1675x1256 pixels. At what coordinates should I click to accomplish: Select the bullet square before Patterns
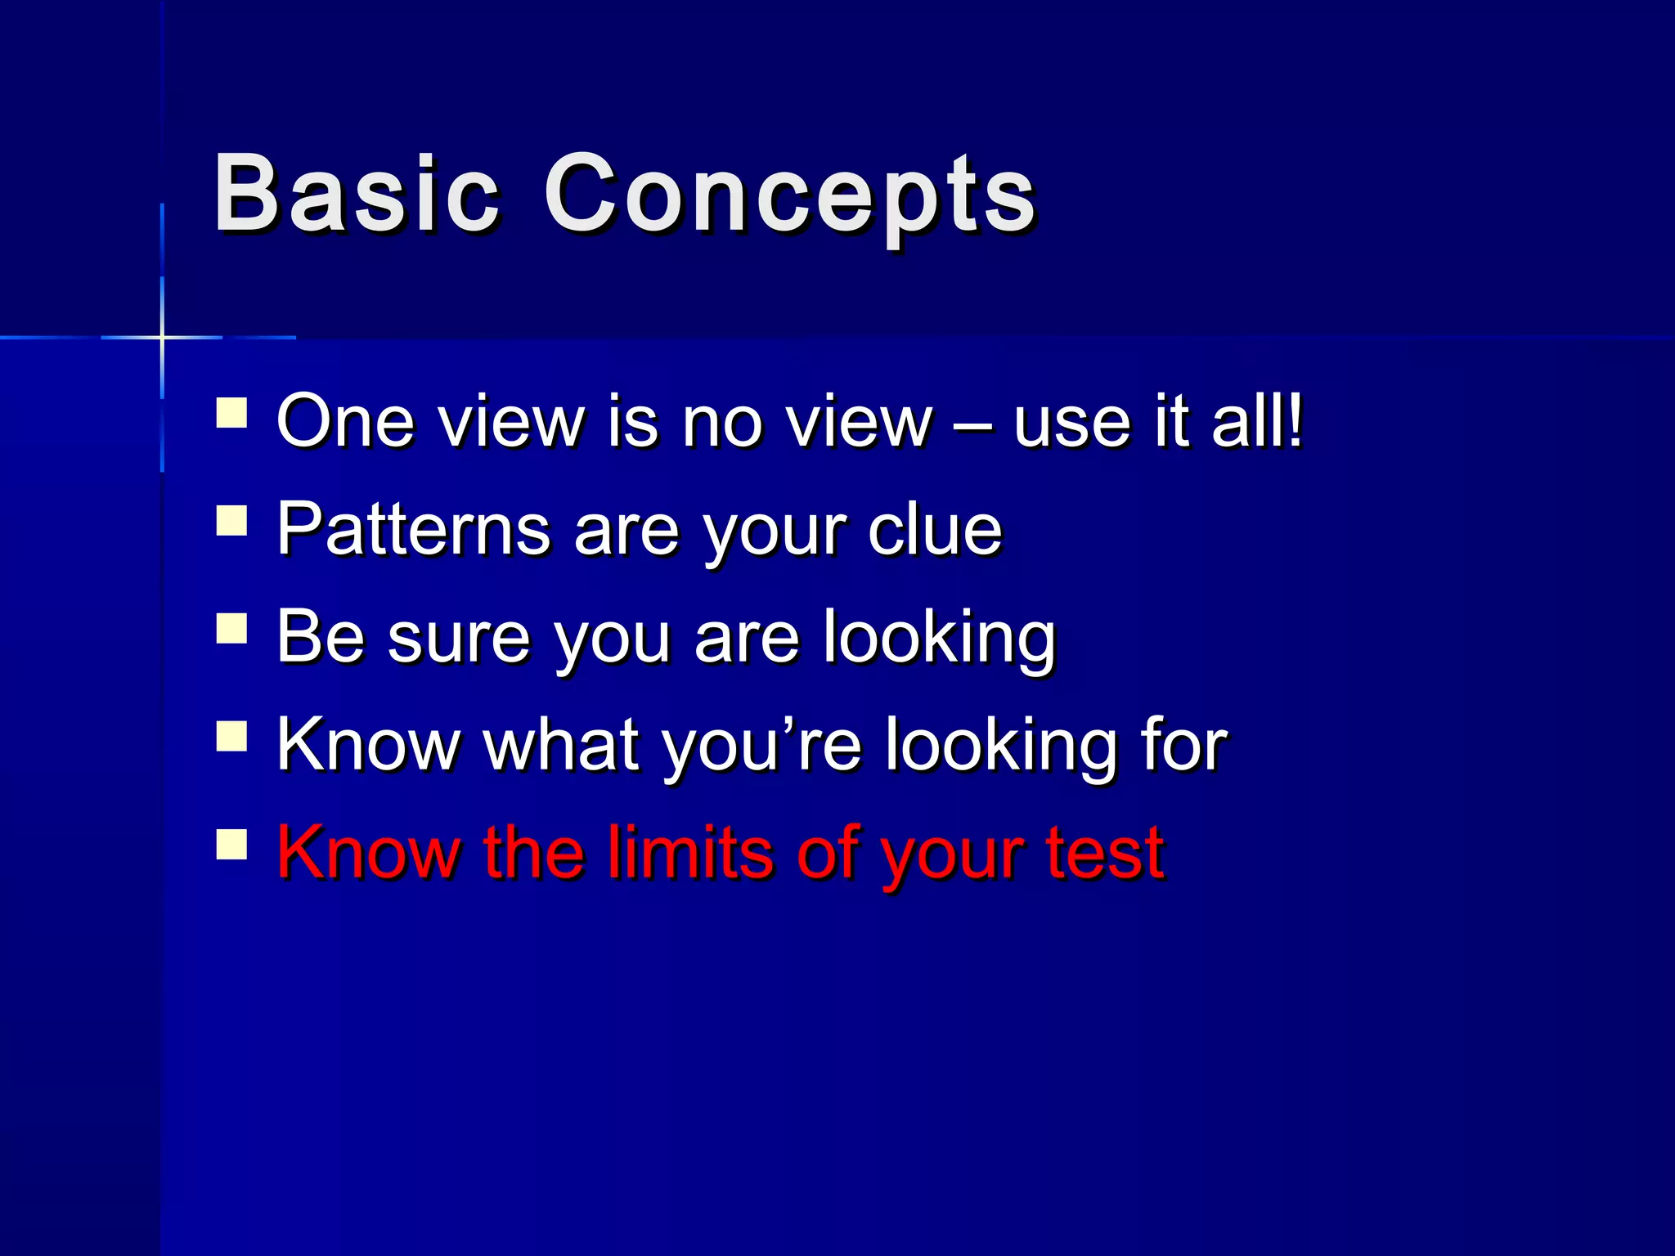232,521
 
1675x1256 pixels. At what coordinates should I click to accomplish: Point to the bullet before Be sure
232,629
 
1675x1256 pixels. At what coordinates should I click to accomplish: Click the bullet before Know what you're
232,736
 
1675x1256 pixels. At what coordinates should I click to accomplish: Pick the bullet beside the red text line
232,844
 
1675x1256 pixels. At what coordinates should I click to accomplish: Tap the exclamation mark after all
1294,420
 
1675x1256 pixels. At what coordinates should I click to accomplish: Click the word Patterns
413,530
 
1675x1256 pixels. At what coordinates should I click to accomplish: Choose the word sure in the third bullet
459,639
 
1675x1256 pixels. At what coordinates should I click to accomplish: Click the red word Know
368,852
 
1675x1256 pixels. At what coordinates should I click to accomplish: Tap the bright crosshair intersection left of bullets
162,337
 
